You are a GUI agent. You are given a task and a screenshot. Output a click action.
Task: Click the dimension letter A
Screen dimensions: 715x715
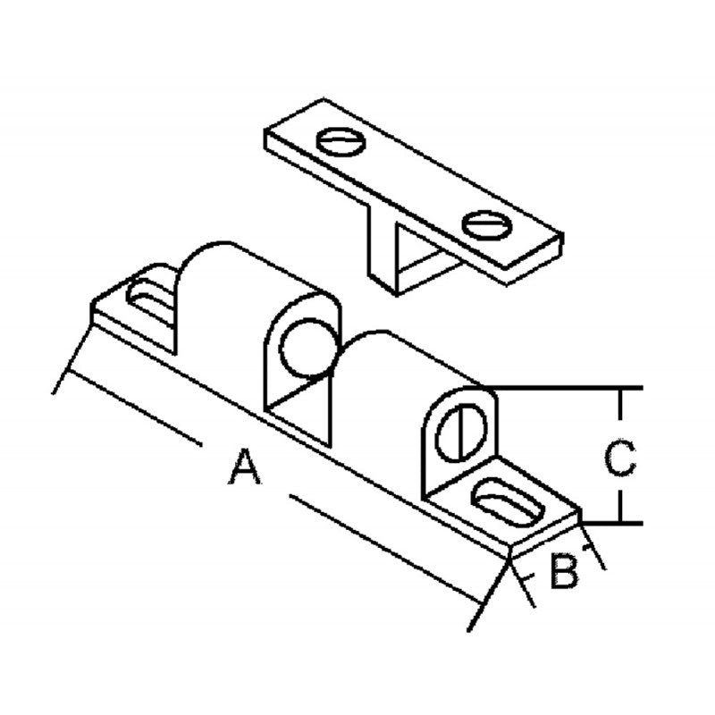(x=245, y=467)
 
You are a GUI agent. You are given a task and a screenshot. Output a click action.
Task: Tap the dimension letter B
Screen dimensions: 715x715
(x=565, y=570)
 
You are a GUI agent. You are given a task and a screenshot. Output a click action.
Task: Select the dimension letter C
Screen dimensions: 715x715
(x=619, y=458)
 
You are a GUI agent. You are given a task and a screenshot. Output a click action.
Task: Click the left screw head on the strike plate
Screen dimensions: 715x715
(x=341, y=142)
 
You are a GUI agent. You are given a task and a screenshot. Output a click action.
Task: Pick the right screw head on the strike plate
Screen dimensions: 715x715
(x=486, y=225)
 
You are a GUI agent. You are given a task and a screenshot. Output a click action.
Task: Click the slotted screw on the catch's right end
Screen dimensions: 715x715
(x=461, y=433)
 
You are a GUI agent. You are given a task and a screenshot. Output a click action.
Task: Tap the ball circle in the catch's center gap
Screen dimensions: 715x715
(x=308, y=348)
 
